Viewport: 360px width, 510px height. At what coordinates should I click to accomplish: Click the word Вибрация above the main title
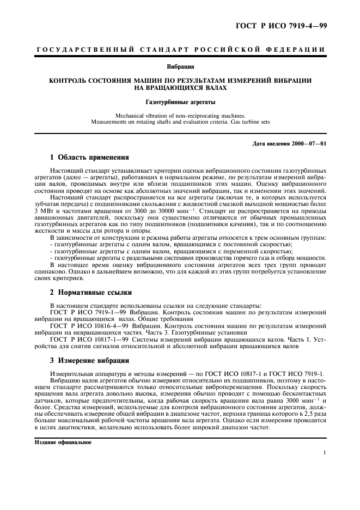point(180,67)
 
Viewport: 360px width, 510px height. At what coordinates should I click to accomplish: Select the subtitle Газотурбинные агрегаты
point(180,102)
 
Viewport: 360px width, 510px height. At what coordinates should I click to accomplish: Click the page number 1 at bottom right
point(324,452)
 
